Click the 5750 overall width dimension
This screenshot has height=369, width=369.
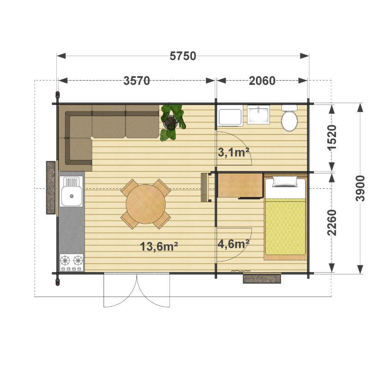tap(183, 56)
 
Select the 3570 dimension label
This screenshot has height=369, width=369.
tap(137, 81)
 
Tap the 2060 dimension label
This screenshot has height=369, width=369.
tap(262, 81)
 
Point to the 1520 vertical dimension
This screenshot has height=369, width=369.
tap(332, 137)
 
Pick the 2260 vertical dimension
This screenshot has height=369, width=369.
tap(332, 223)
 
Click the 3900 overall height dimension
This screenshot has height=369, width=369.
tap(360, 188)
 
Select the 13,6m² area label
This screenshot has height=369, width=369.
tap(159, 247)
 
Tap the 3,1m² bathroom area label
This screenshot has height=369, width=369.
tap(233, 153)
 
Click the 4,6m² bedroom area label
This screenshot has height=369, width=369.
tap(233, 244)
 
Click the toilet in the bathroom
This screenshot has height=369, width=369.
tap(290, 118)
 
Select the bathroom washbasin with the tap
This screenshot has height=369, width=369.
tap(258, 114)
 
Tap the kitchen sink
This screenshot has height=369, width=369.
tap(71, 191)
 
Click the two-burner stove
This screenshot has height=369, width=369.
tap(71, 262)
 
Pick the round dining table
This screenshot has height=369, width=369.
tap(146, 204)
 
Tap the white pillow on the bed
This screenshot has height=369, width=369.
tap(285, 182)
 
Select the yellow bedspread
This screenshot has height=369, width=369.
tap(285, 226)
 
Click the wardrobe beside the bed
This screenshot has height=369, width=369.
tap(240, 185)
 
